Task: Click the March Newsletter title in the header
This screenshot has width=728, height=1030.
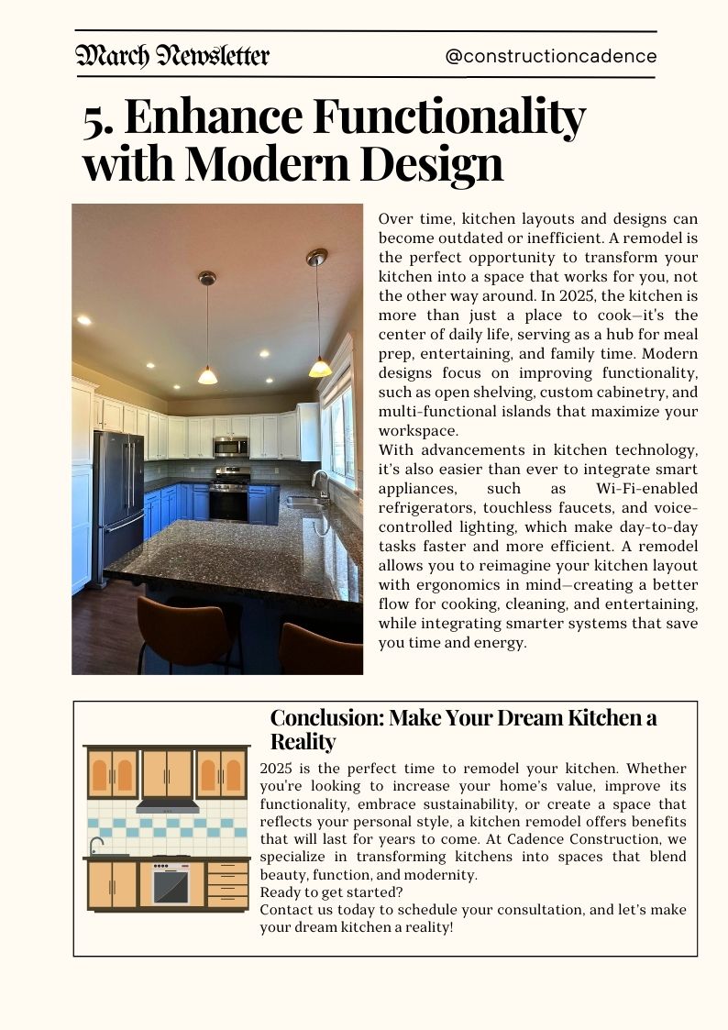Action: [x=172, y=56]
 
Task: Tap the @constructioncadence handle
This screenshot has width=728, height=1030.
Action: [x=550, y=56]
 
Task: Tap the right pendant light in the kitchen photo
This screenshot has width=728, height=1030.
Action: [x=319, y=362]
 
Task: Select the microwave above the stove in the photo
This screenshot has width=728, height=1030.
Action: [x=230, y=446]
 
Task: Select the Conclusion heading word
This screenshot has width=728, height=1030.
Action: [x=325, y=718]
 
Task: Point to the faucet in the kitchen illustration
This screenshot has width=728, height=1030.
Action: [x=94, y=846]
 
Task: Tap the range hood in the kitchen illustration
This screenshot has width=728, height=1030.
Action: [x=167, y=807]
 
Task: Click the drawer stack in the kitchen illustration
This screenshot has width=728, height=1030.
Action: [x=227, y=884]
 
